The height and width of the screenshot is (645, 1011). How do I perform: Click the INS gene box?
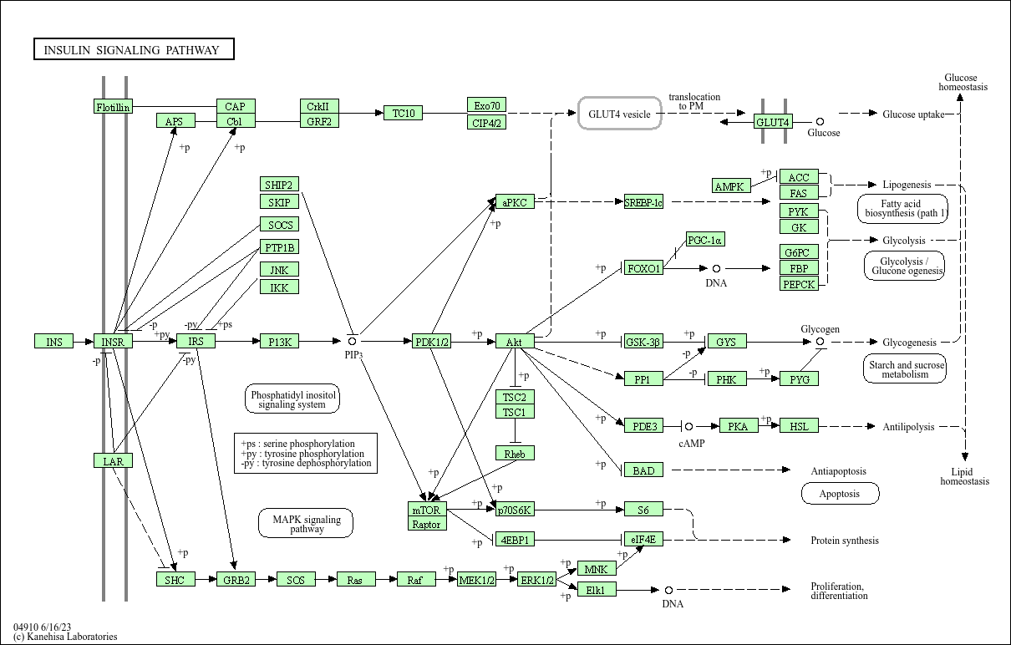click(53, 341)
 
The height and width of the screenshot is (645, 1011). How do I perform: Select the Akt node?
click(515, 341)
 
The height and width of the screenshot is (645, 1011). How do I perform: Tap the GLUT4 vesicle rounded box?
click(620, 114)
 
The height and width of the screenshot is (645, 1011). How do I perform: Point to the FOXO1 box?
click(644, 268)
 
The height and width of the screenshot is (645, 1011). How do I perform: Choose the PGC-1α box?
click(705, 240)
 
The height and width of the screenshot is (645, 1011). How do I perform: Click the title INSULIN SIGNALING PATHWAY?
click(134, 50)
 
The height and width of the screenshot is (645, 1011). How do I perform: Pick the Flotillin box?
click(113, 106)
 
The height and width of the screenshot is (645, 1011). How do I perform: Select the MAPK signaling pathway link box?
click(307, 524)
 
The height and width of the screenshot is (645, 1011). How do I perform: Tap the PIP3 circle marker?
click(353, 341)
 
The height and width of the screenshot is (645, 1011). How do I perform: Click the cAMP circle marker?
click(689, 426)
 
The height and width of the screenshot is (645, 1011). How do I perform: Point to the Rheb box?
click(515, 453)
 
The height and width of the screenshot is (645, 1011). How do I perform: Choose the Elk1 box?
click(597, 590)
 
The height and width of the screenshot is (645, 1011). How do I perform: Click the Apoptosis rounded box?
click(840, 494)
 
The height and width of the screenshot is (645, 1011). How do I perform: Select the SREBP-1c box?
click(643, 201)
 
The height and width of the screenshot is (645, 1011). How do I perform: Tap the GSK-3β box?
click(644, 341)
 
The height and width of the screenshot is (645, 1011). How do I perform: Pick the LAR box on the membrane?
click(113, 460)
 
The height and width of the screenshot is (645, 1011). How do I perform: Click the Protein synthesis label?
click(845, 541)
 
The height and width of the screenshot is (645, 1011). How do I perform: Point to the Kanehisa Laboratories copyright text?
click(65, 637)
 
